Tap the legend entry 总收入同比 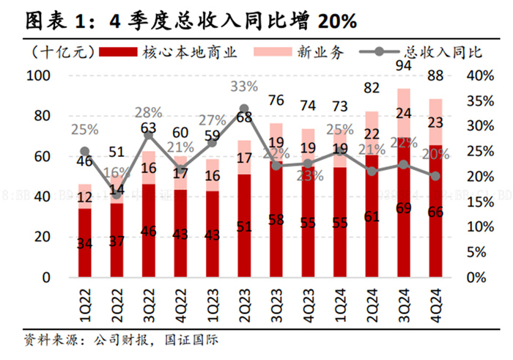tap(442, 52)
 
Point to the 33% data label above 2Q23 tap(244, 87)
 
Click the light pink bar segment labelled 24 tap(403, 113)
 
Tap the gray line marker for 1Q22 tap(85, 151)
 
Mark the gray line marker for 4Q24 tap(435, 176)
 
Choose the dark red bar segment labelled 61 tap(372, 216)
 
